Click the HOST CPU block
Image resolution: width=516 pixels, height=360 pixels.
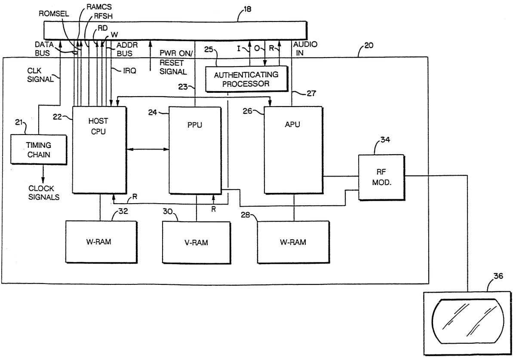click(x=100, y=150)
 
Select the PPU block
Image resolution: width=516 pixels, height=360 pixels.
click(x=196, y=150)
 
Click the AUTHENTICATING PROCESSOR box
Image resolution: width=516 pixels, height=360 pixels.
click(x=246, y=79)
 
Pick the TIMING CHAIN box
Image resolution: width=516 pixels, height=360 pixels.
click(x=39, y=149)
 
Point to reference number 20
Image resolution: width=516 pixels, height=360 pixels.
click(x=369, y=45)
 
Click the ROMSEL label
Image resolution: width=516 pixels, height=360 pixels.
click(x=50, y=13)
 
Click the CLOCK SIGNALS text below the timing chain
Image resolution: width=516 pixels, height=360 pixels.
click(x=44, y=192)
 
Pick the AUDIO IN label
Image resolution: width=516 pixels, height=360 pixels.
click(x=303, y=48)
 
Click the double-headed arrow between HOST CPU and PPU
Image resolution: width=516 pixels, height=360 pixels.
click(x=148, y=149)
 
